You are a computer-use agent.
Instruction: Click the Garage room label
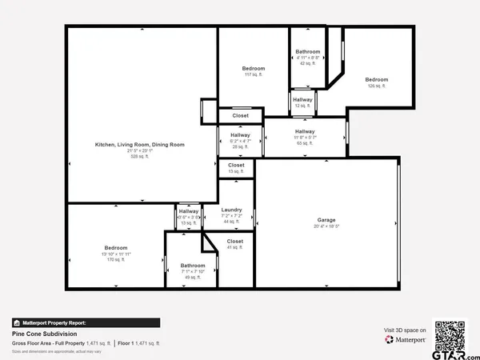point(326,220)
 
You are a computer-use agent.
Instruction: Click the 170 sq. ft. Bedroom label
point(115,248)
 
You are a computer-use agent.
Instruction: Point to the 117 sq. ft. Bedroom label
point(254,69)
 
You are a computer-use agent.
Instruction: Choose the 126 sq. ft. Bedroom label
point(377,79)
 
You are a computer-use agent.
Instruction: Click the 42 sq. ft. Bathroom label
point(307,51)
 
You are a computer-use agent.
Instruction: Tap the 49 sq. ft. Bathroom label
point(192,266)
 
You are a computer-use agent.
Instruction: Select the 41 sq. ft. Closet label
point(235,241)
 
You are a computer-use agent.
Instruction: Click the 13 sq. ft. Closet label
point(236,165)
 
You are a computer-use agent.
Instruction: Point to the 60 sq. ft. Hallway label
point(304,131)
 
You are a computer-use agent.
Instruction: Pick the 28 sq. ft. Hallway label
point(241,135)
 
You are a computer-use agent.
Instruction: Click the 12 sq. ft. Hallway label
point(302,99)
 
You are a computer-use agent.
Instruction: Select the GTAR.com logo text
point(450,352)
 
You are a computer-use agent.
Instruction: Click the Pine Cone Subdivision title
point(44,333)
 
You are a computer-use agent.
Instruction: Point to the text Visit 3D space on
point(405,330)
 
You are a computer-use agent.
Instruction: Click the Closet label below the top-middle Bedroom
point(240,115)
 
